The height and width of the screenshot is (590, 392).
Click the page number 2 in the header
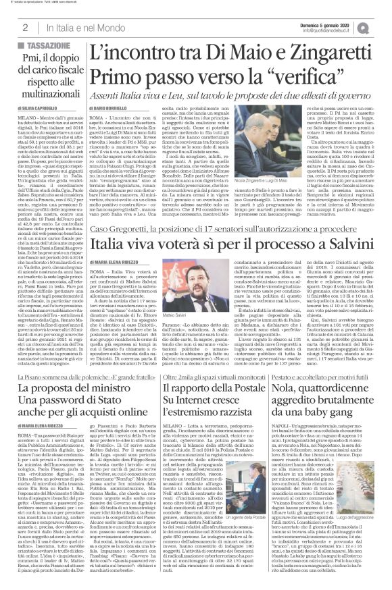tap(24, 26)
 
